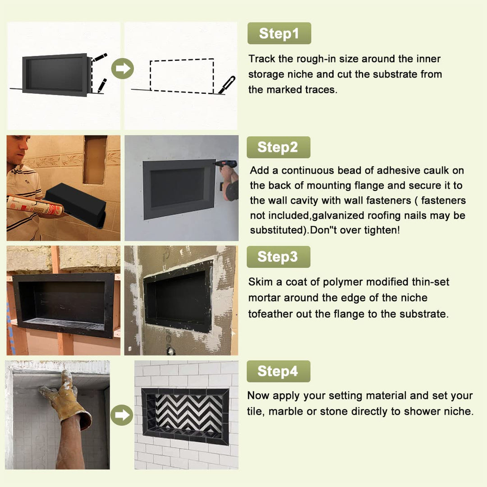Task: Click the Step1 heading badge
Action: (x=279, y=33)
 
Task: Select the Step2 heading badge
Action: (x=278, y=147)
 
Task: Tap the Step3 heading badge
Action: (x=278, y=257)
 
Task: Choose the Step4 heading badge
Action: (x=278, y=371)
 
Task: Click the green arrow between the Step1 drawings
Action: (x=123, y=69)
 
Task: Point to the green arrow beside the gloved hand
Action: (x=122, y=415)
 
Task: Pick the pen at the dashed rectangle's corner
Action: (x=227, y=85)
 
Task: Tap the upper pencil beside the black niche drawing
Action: (x=100, y=57)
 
